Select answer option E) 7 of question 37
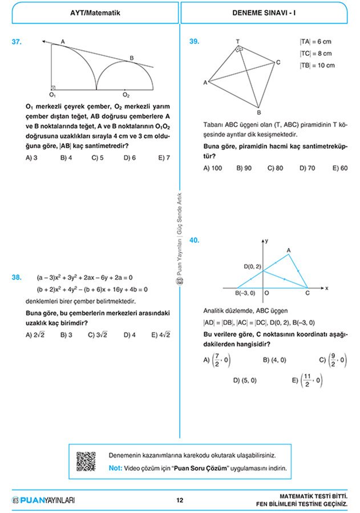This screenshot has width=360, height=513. click(164, 158)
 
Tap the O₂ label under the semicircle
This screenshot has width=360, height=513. click(126, 95)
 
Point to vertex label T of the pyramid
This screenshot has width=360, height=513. click(237, 42)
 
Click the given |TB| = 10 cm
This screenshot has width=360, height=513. click(317, 65)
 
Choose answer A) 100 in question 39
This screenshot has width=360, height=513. click(212, 168)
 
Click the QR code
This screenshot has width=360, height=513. click(86, 461)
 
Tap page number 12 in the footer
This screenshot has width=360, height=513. click(180, 500)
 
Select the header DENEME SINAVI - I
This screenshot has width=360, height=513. click(264, 11)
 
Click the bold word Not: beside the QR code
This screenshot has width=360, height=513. click(115, 468)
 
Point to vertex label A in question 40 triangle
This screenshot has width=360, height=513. click(289, 250)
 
